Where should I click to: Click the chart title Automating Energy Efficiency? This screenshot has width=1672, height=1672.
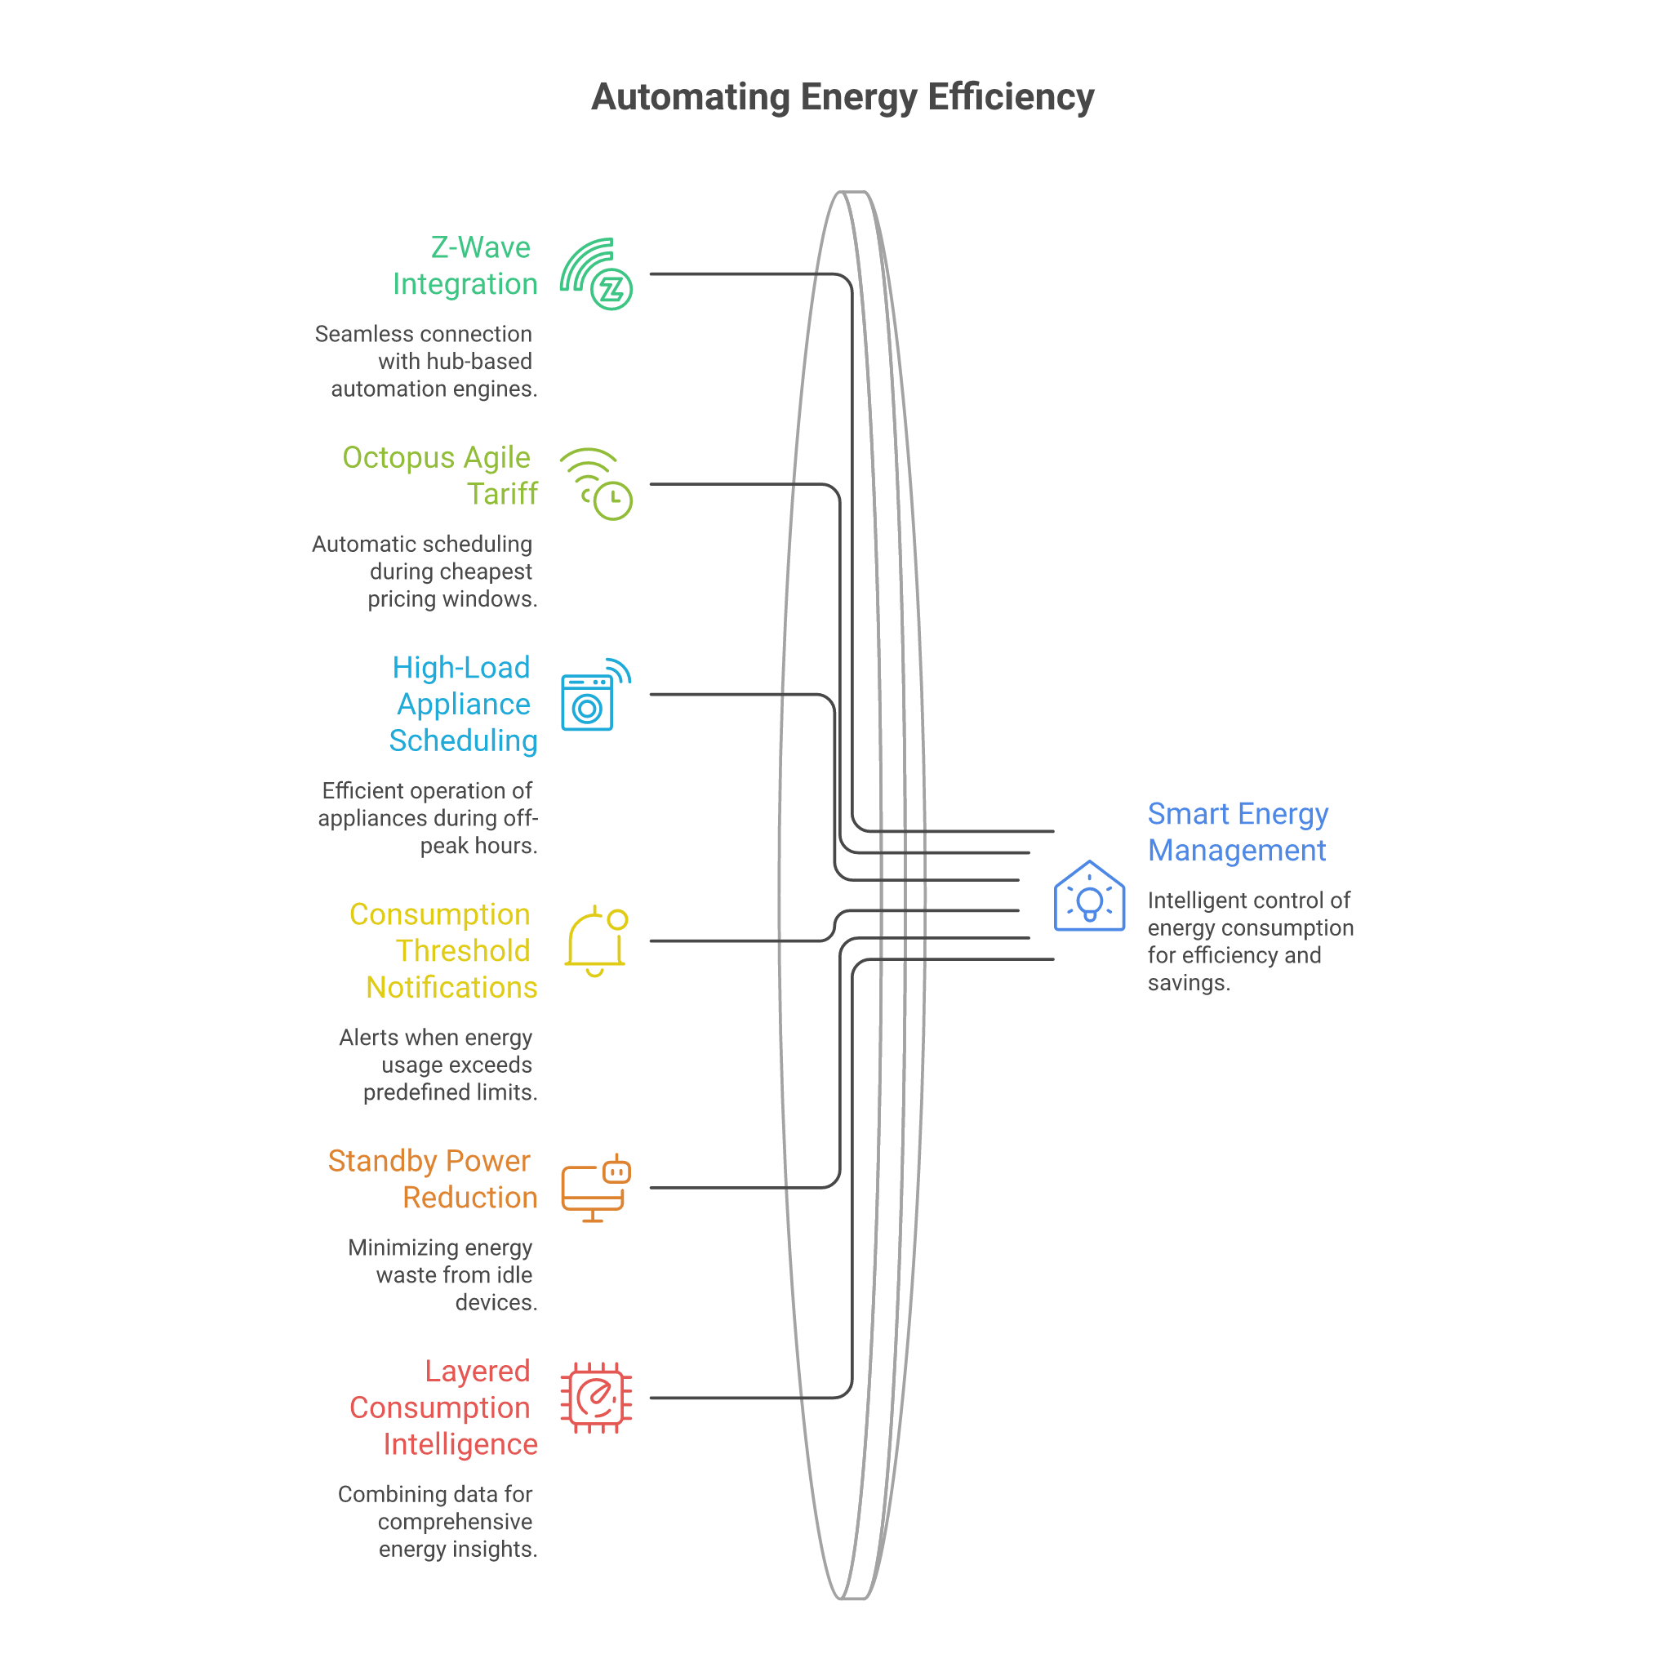[x=842, y=97]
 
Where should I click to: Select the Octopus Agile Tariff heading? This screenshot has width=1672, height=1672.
[x=440, y=475]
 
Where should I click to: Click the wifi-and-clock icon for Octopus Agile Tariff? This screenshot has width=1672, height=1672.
[x=596, y=484]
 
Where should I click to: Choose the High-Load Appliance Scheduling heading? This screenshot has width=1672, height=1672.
[x=463, y=704]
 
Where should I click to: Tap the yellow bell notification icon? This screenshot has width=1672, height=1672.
[x=596, y=940]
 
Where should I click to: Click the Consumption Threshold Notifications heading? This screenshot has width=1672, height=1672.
[x=443, y=950]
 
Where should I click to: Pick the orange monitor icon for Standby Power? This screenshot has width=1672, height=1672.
[x=596, y=1187]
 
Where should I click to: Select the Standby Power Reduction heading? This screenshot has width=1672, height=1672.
[x=433, y=1179]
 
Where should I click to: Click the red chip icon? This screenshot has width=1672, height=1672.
[x=596, y=1398]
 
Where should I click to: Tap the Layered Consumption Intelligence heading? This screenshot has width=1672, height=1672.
[x=443, y=1407]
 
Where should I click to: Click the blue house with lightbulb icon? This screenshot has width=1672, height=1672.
[x=1090, y=896]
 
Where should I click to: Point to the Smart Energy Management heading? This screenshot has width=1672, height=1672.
[x=1238, y=832]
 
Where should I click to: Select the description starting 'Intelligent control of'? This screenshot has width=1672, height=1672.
[x=1251, y=940]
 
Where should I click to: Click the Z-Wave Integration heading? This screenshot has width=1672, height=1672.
[x=465, y=265]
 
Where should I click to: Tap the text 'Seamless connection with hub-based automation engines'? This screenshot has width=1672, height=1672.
[x=426, y=361]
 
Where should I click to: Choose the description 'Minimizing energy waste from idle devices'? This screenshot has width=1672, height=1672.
[x=442, y=1274]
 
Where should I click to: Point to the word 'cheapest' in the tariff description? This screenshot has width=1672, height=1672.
[x=492, y=571]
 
